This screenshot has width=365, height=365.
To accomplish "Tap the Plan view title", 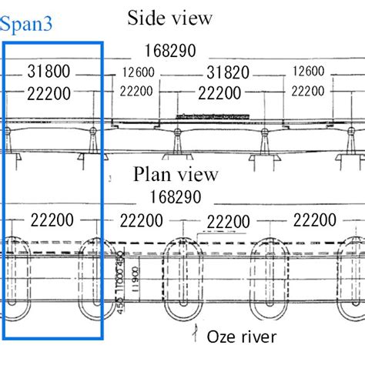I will [x=176, y=175].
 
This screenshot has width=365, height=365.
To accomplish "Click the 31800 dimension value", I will [x=48, y=73].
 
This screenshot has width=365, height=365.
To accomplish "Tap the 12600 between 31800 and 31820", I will [x=139, y=73].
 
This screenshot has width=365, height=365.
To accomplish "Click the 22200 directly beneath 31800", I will [x=48, y=93].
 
